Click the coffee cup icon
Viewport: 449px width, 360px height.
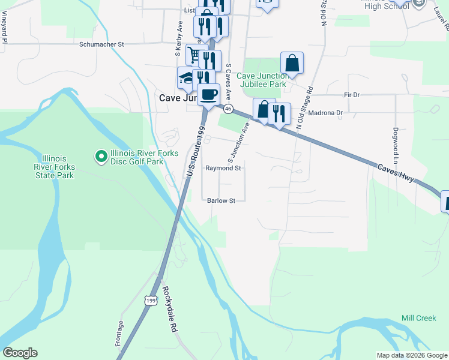(x=208, y=95)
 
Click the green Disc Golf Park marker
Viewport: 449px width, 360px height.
(x=101, y=157)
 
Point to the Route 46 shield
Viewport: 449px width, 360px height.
(x=228, y=109)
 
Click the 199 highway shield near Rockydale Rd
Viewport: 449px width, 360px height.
(x=149, y=298)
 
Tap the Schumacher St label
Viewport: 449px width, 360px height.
(x=101, y=44)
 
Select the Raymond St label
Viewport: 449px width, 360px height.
(x=223, y=169)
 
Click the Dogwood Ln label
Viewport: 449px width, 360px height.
(x=396, y=146)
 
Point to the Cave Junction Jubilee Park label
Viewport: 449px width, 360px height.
(x=263, y=80)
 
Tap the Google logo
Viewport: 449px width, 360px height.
(x=20, y=353)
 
